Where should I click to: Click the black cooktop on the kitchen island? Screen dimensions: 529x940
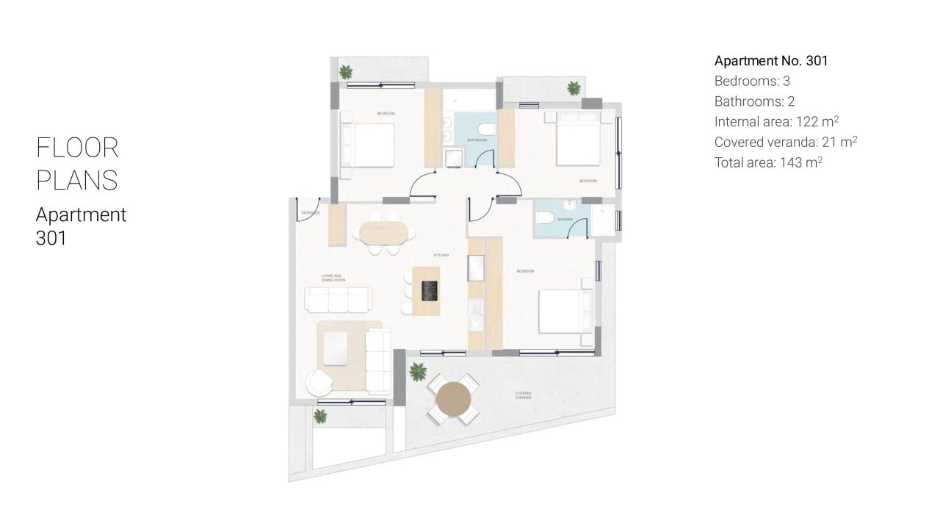429,292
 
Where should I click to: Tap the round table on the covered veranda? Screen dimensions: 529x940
452,400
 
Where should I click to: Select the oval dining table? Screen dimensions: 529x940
383,233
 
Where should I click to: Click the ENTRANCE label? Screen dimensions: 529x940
311,213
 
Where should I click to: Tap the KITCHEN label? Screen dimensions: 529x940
441,255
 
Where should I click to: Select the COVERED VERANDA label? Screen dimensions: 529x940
523,396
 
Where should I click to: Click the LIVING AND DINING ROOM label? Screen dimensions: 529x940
332,278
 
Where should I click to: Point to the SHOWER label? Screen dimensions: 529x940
565,219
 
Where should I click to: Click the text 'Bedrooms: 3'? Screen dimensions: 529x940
752,81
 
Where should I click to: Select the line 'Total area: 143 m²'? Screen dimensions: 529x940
768,162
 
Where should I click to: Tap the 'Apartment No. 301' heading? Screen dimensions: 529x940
771,61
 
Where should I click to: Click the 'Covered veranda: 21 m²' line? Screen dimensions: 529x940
786,142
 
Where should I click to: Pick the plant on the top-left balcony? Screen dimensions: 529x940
345,72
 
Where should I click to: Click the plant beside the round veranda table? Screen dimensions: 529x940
417,370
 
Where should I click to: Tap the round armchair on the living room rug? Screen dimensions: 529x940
319,381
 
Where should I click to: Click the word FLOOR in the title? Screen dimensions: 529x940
77,148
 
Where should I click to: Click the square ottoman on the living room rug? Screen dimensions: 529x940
336,348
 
